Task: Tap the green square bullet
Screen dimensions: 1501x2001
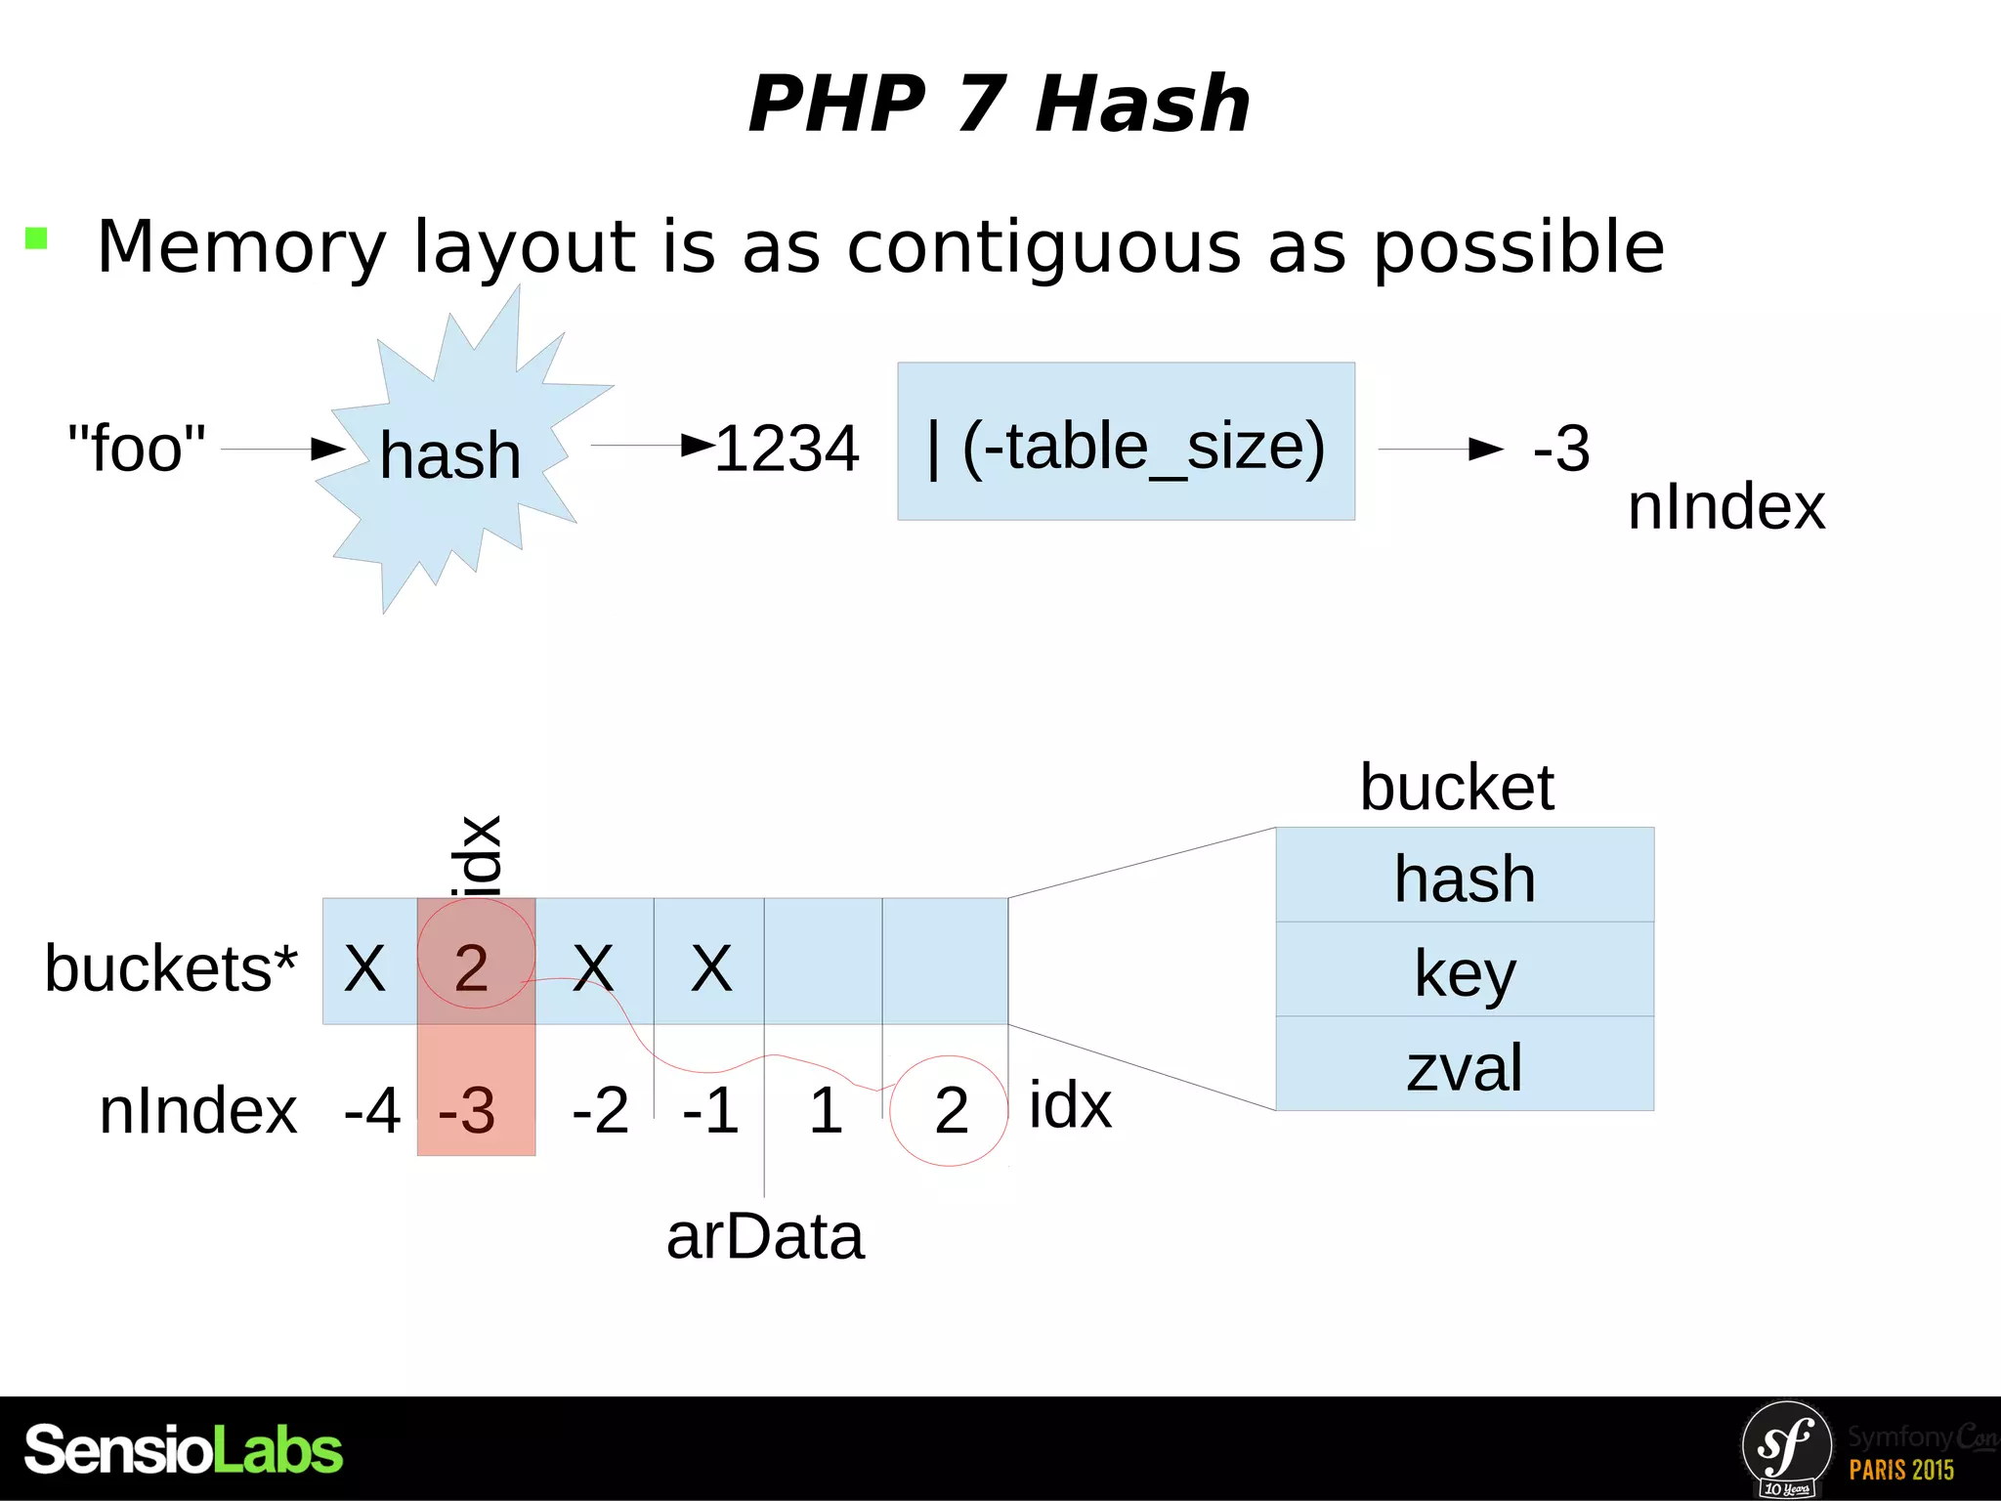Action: click(36, 238)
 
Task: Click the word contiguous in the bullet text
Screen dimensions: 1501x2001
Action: click(1043, 248)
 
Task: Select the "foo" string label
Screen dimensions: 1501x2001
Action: click(137, 449)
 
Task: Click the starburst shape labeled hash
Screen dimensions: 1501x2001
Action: click(450, 454)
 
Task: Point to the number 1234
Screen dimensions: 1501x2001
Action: click(787, 450)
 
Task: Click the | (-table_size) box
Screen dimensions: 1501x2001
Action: click(1126, 442)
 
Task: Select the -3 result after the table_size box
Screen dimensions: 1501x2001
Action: click(1561, 450)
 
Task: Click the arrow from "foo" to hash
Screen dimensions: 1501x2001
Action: click(283, 450)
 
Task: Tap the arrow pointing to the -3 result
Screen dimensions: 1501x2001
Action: click(1440, 450)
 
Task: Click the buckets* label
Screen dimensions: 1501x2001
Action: click(171, 968)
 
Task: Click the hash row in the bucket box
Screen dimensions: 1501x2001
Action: click(1464, 877)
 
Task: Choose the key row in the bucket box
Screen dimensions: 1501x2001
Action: click(1464, 971)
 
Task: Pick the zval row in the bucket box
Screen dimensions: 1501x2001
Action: click(1464, 1066)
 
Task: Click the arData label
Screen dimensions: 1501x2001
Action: click(765, 1237)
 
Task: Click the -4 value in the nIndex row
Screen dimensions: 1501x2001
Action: click(372, 1111)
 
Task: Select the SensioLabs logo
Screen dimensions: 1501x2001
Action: click(184, 1449)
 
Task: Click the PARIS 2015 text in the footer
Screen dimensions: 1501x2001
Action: click(1901, 1470)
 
